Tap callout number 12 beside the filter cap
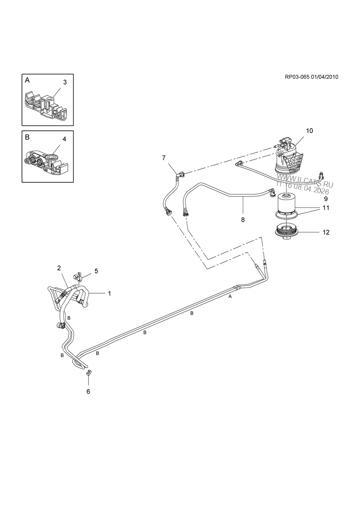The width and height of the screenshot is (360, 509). [326, 232]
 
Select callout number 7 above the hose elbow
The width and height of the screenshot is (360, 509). [163, 158]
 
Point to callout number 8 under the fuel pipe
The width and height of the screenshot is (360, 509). [242, 218]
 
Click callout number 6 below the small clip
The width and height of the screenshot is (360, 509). [88, 391]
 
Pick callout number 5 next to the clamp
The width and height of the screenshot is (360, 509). [96, 271]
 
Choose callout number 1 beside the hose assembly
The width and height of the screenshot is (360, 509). [110, 293]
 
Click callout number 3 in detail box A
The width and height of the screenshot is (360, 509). [65, 82]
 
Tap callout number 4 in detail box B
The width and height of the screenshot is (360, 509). [64, 139]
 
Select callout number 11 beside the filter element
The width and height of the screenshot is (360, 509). [326, 208]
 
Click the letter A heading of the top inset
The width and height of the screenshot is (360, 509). [27, 81]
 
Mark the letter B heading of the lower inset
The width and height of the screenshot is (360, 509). [27, 137]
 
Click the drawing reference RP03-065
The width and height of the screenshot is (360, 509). [297, 77]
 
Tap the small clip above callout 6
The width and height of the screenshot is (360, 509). [89, 373]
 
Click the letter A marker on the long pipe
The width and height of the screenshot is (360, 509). [230, 297]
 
